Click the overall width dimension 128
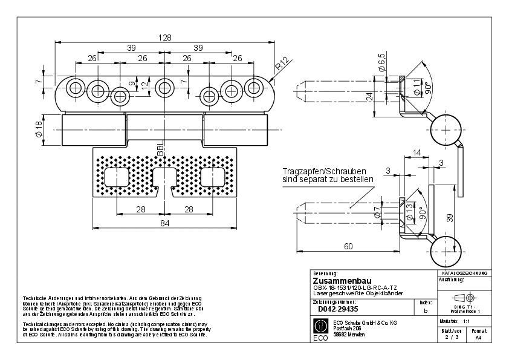(164, 37)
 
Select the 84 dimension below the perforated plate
(164, 223)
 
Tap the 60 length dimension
(348, 246)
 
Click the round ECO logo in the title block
(322, 327)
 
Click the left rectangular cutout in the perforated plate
(118, 177)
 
